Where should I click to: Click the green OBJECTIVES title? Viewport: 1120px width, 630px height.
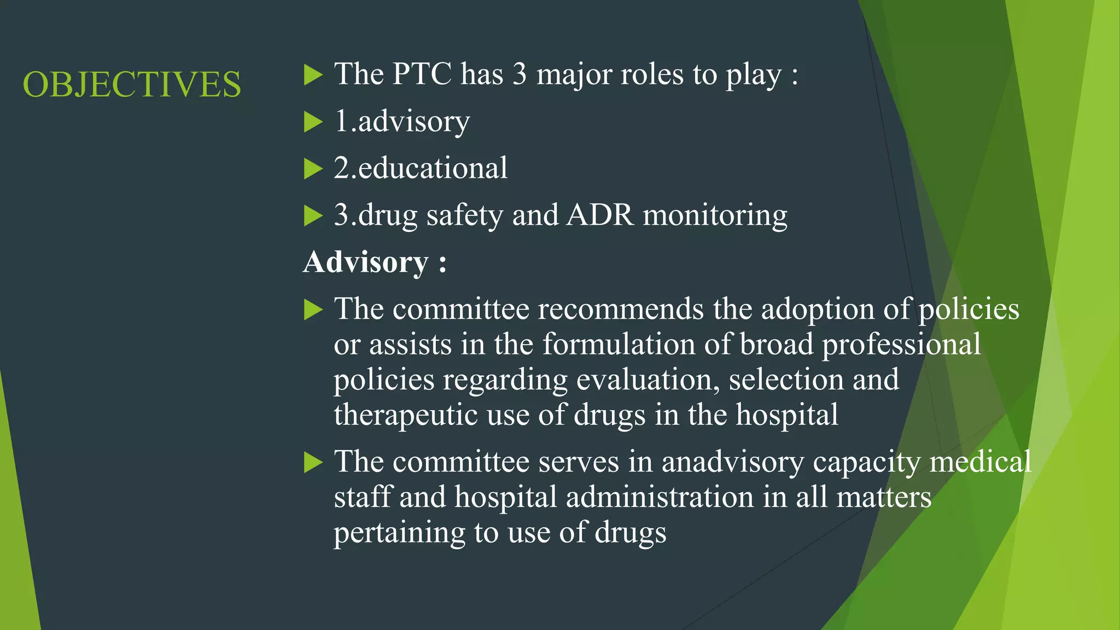pyautogui.click(x=132, y=85)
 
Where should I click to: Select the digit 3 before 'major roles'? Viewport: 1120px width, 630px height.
pyautogui.click(x=520, y=74)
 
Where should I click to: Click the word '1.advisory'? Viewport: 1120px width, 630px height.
pyautogui.click(x=402, y=121)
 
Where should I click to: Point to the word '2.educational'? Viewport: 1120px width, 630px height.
pyautogui.click(x=421, y=168)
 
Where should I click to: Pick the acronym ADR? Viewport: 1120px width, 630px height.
pyautogui.click(x=600, y=215)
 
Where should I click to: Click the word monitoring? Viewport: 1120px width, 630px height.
pyautogui.click(x=715, y=215)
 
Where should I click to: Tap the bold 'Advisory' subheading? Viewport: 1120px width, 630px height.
pyautogui.click(x=366, y=262)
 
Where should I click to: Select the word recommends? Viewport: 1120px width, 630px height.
pyautogui.click(x=621, y=309)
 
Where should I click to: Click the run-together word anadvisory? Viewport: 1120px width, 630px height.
pyautogui.click(x=733, y=462)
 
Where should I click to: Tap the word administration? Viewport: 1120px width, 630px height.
pyautogui.click(x=660, y=497)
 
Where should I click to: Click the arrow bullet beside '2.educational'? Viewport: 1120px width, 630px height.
pyautogui.click(x=313, y=168)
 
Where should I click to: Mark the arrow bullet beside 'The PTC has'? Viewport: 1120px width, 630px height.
pyautogui.click(x=313, y=74)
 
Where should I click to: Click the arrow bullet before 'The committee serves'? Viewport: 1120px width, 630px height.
pyautogui.click(x=313, y=462)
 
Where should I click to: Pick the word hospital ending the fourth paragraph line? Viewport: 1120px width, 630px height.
pyautogui.click(x=786, y=415)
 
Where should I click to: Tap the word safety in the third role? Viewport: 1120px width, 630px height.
pyautogui.click(x=464, y=215)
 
